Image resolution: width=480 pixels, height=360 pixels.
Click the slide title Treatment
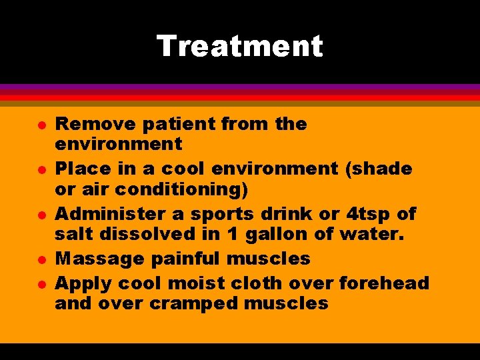[x=239, y=47]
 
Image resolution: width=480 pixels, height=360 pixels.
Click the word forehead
[x=384, y=283]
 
